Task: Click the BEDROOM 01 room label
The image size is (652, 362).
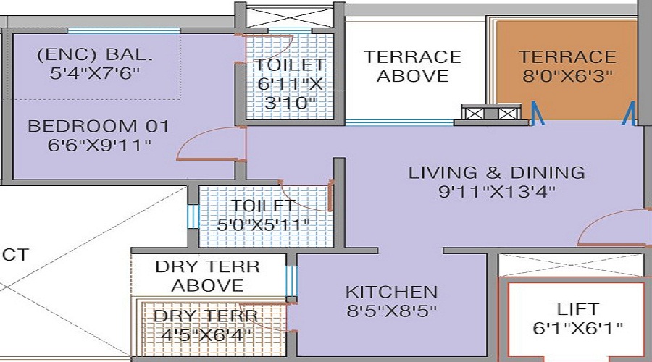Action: click(x=98, y=126)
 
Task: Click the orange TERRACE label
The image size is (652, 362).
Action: click(x=567, y=56)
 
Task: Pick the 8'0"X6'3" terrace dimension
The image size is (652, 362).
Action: click(x=567, y=75)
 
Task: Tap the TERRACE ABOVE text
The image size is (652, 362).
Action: click(x=412, y=66)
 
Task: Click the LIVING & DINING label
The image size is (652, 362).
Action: click(x=496, y=172)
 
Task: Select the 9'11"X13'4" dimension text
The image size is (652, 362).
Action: click(x=496, y=192)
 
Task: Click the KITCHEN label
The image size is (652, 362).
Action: click(x=391, y=292)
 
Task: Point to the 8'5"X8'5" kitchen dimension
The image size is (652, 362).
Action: click(x=391, y=311)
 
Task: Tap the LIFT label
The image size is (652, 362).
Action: click(x=577, y=309)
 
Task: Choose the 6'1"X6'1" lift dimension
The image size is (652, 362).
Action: click(x=577, y=328)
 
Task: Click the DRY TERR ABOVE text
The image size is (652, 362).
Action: click(x=208, y=276)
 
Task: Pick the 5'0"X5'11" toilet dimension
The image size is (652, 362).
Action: click(x=263, y=224)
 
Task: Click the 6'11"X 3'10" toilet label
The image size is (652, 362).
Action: click(x=288, y=83)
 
